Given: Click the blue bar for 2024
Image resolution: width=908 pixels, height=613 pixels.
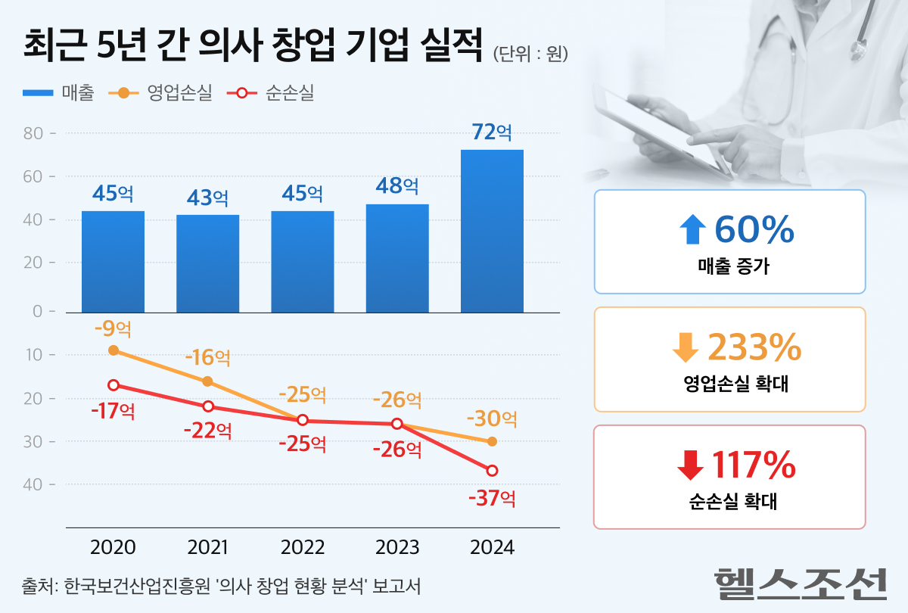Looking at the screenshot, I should pyautogui.click(x=492, y=231).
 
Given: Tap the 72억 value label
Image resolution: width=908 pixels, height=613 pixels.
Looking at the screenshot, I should pyautogui.click(x=492, y=132).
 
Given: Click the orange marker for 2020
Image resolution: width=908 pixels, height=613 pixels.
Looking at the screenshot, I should pyautogui.click(x=113, y=350).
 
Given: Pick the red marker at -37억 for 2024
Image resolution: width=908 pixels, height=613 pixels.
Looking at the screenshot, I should pyautogui.click(x=492, y=471).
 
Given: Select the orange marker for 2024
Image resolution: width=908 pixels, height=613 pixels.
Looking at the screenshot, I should pyautogui.click(x=492, y=441).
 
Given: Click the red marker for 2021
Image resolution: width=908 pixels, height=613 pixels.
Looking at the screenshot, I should pyautogui.click(x=208, y=406).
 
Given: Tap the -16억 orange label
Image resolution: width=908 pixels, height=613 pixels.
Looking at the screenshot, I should pyautogui.click(x=208, y=356).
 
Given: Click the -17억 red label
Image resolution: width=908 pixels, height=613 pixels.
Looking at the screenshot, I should pyautogui.click(x=113, y=412).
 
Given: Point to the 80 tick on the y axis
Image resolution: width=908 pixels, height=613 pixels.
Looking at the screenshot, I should pyautogui.click(x=35, y=133).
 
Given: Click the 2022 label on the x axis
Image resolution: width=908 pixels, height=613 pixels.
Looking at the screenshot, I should pyautogui.click(x=303, y=548).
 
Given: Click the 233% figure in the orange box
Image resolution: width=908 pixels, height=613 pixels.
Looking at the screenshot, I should pyautogui.click(x=754, y=347).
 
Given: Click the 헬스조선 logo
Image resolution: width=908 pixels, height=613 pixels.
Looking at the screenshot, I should pyautogui.click(x=800, y=582).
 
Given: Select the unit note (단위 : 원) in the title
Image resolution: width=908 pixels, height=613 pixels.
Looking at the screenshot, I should pyautogui.click(x=530, y=54).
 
